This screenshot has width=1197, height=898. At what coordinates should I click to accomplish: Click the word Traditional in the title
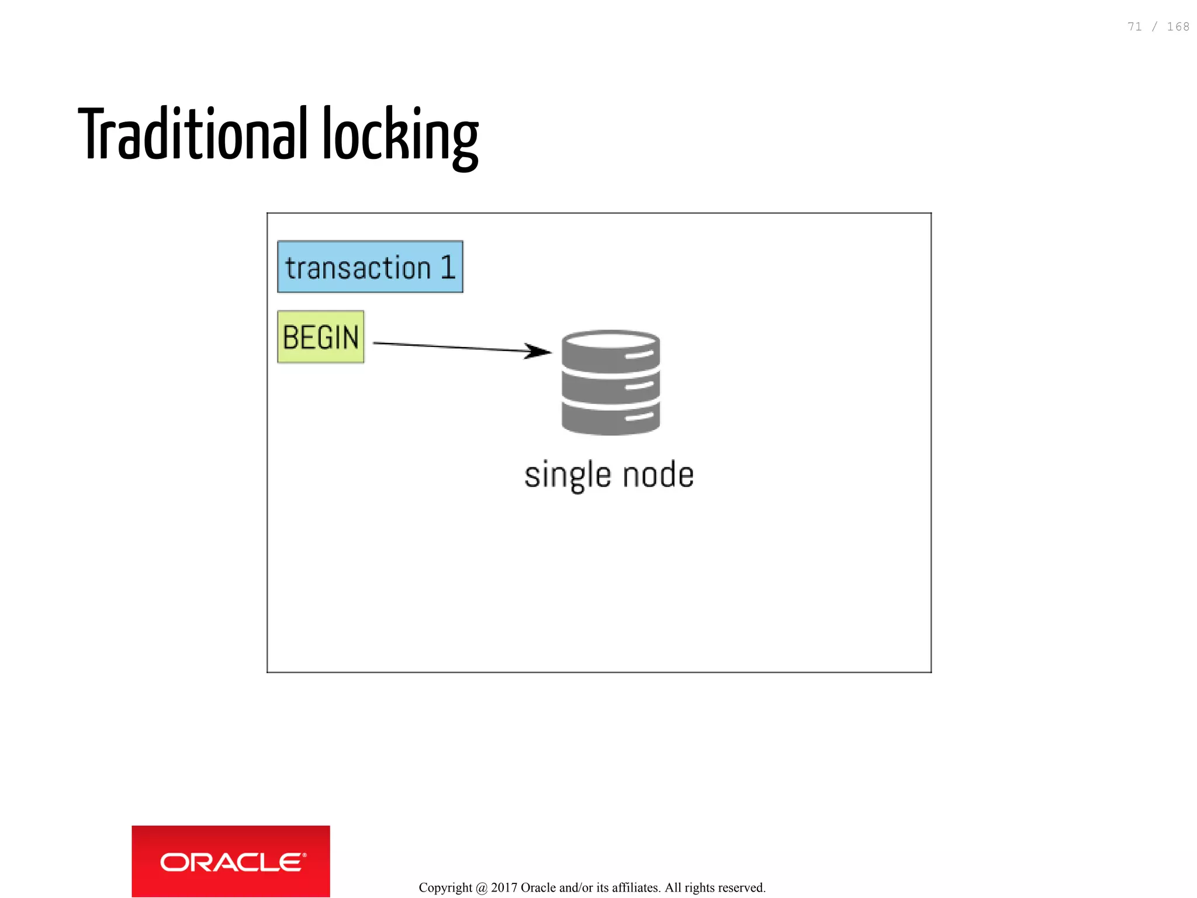[x=193, y=134]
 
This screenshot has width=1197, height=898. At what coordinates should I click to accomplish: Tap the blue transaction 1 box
[x=370, y=267]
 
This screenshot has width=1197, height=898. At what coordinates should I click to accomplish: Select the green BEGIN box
[x=320, y=337]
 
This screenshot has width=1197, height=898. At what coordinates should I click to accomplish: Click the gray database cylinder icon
[x=611, y=383]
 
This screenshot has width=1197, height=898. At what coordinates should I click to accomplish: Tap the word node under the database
[x=658, y=474]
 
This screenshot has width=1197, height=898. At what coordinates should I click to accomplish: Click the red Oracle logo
[x=231, y=861]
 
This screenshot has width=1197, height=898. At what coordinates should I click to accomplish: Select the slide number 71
[x=1134, y=27]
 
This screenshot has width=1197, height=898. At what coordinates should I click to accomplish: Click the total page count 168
[x=1178, y=27]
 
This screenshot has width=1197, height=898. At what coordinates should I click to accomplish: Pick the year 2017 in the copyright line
[x=504, y=887]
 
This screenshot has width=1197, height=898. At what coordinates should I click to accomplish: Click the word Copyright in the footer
[x=445, y=888]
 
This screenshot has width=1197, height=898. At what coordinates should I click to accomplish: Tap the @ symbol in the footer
[x=482, y=888]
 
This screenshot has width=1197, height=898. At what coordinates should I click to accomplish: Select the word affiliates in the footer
[x=636, y=887]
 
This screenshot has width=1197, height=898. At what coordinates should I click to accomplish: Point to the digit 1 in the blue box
[x=448, y=268]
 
